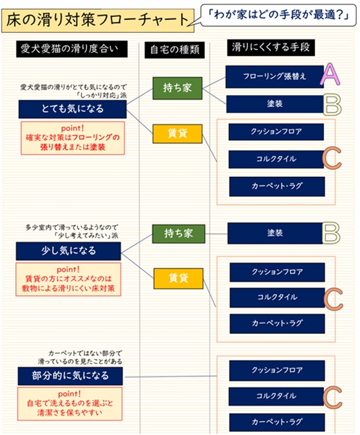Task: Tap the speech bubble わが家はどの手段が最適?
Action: coord(278,15)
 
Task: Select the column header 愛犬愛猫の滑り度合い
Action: coord(72,49)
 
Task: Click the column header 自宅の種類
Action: coord(175,50)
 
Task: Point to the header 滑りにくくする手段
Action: coord(271,48)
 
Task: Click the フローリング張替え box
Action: coord(274,77)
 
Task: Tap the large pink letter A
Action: coord(330,74)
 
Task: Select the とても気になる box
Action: coord(73,109)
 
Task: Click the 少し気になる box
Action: coord(69,251)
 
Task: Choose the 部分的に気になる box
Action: coord(70,376)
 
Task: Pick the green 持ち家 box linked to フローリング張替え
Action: coord(177,88)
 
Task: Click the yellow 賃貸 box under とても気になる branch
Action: coord(177,134)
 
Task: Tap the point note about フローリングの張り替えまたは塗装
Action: coord(73,138)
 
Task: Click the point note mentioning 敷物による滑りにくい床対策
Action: coord(68,279)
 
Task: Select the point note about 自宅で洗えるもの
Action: coord(70,404)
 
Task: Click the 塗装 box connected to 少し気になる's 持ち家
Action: coord(275,233)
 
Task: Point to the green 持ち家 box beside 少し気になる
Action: coord(179,234)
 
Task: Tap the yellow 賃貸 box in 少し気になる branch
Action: coord(179,279)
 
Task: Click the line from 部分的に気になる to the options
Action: coord(171,376)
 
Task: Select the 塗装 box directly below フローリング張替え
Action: coord(275,104)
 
